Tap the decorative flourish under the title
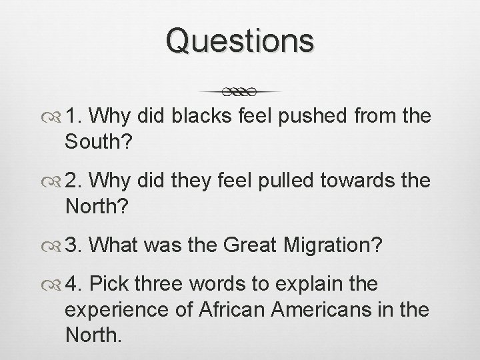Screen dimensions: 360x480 click(x=240, y=91)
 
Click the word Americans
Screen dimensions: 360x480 click(x=335, y=309)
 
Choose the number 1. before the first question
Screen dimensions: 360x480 click(x=73, y=117)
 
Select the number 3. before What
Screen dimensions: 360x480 click(x=74, y=245)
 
